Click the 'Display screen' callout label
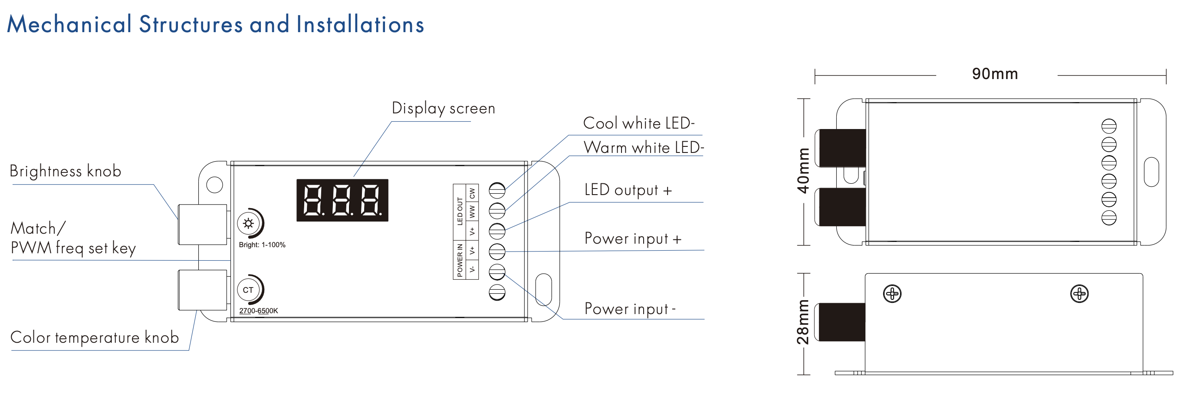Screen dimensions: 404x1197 443,108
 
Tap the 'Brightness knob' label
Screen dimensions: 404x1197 66,171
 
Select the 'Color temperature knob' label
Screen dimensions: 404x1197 94,337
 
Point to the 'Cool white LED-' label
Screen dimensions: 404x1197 638,123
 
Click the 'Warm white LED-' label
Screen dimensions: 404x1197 644,147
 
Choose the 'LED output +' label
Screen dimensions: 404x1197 628,190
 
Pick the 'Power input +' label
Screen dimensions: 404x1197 632,238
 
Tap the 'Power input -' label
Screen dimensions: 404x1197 630,309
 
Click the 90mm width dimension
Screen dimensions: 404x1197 995,74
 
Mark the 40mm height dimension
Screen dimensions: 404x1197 803,171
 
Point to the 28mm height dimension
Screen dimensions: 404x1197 803,322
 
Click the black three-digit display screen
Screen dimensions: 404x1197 342,200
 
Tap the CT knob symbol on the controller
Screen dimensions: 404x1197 249,290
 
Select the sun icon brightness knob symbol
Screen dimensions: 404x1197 249,224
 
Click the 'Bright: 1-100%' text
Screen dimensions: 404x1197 262,245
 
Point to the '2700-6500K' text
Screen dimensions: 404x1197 258,311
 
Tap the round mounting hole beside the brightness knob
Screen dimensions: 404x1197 214,185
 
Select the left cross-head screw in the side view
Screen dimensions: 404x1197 892,294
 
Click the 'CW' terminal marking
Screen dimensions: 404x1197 472,192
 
